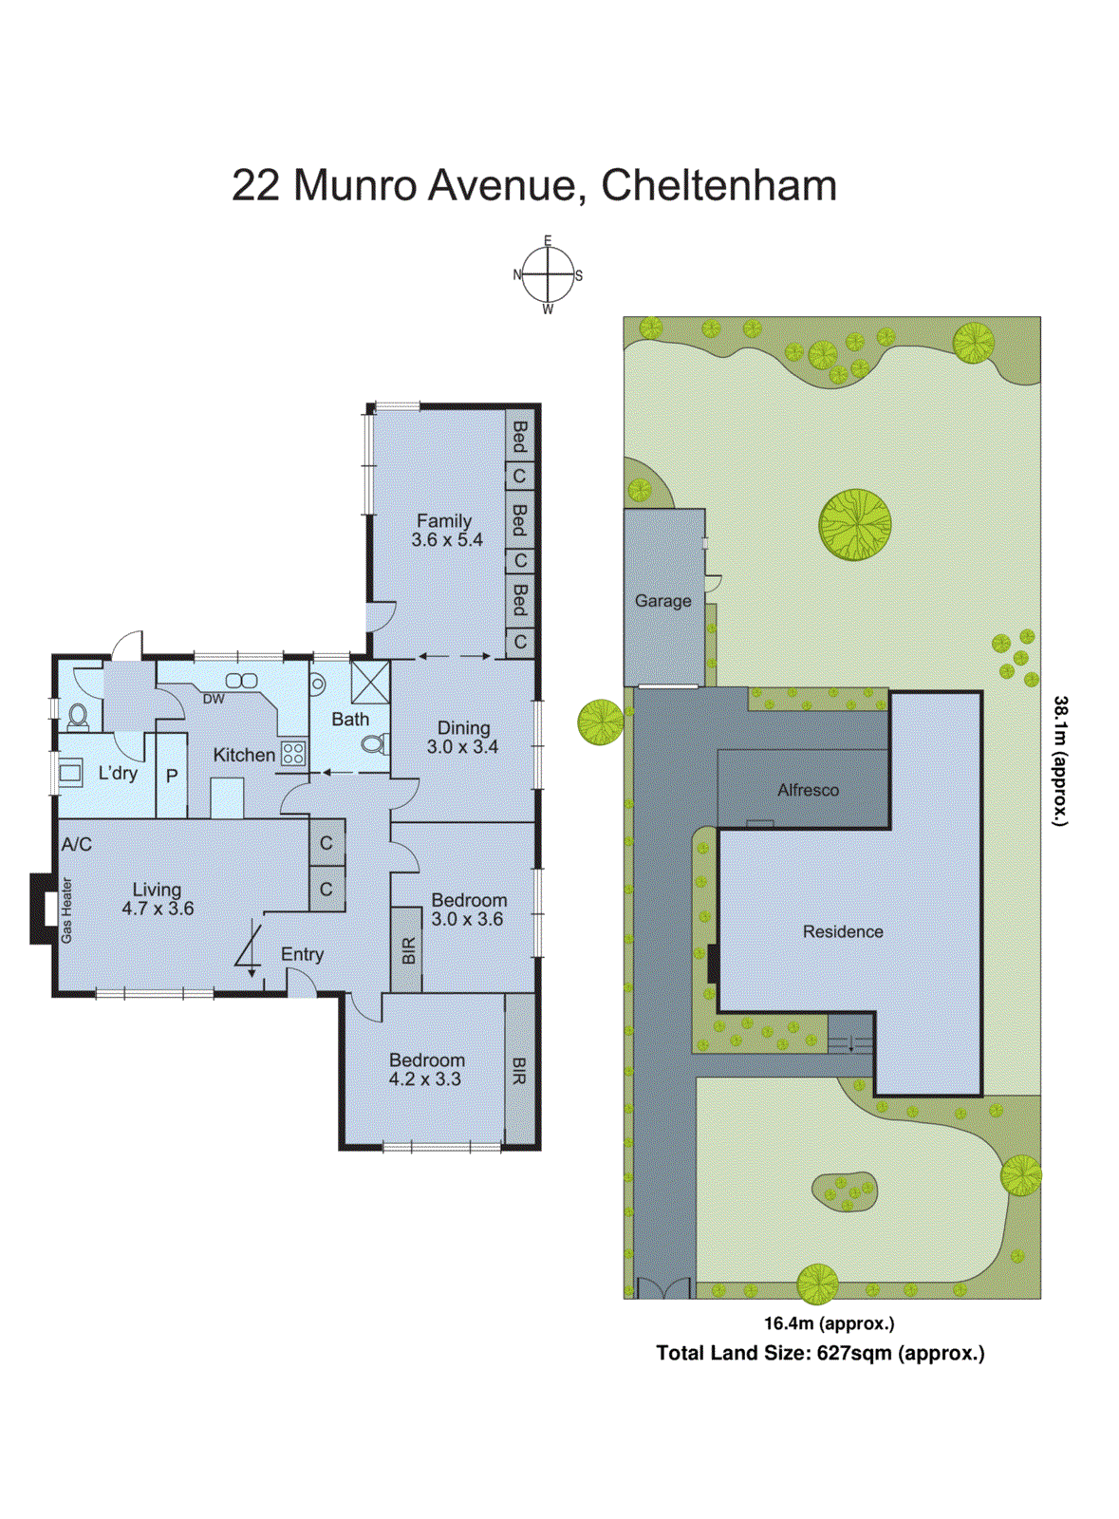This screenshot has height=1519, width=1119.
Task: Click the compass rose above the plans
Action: (x=548, y=275)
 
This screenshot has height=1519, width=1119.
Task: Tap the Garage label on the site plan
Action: (x=662, y=601)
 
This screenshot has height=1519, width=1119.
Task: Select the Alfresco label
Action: (x=808, y=790)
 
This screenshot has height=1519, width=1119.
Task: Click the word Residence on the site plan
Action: (x=843, y=932)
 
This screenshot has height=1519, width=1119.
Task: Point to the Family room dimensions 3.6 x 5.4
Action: (x=447, y=540)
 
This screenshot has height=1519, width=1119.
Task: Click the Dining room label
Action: (x=464, y=728)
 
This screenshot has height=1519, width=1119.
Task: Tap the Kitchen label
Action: (x=244, y=755)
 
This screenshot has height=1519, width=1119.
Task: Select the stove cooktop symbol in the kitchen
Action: (x=293, y=754)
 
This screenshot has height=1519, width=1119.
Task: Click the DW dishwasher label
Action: (x=214, y=699)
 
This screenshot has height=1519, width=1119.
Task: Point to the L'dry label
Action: (x=118, y=773)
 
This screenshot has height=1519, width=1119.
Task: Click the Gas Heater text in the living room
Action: (x=66, y=910)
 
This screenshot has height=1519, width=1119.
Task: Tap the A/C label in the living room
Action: (x=77, y=844)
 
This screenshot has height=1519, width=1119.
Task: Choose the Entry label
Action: (x=302, y=955)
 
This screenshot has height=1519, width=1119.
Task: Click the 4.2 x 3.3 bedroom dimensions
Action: (x=425, y=1079)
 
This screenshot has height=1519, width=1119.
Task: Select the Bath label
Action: (x=350, y=720)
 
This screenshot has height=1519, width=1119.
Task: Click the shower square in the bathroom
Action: (x=370, y=682)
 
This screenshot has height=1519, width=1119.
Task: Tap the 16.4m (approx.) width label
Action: (x=830, y=1323)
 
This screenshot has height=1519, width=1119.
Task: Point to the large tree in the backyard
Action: (x=855, y=524)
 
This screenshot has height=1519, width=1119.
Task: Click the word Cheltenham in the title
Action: (x=718, y=185)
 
